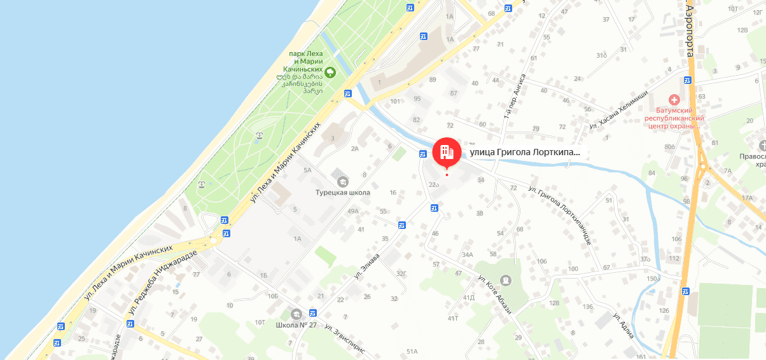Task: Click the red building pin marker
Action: [x=447, y=151]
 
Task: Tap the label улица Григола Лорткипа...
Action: [x=525, y=153]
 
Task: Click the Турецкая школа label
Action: [x=343, y=192]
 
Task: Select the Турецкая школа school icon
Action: [x=343, y=181]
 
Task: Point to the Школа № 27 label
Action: [x=296, y=325]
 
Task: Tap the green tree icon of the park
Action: [x=330, y=71]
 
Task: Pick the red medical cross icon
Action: [x=672, y=100]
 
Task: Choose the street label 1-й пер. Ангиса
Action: [x=515, y=95]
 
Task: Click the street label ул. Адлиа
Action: [x=623, y=324]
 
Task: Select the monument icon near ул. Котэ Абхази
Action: [x=505, y=280]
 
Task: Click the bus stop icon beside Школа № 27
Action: [x=312, y=313]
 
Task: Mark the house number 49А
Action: [x=353, y=211]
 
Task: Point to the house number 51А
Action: [x=412, y=351]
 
